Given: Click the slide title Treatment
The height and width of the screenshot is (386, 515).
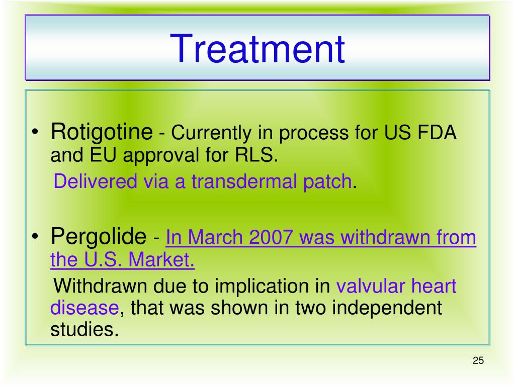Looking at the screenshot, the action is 257,49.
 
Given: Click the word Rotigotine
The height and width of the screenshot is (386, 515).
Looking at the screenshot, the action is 102,132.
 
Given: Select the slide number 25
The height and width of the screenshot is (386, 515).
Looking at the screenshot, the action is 478,360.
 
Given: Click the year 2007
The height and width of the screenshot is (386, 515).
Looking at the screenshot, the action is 270,237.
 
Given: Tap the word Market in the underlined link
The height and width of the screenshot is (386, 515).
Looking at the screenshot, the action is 161,259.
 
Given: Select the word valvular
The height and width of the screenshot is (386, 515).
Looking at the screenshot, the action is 371,286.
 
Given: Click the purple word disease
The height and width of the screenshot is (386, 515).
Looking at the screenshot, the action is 84,308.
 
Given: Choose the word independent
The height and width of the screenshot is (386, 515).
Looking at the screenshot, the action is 387,309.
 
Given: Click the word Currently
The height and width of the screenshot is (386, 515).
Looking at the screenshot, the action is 211,133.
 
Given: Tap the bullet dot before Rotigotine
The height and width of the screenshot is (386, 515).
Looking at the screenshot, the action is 35,133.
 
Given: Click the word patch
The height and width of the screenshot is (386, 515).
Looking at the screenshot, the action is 327,182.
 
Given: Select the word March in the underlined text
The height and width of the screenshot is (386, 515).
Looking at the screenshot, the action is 214,237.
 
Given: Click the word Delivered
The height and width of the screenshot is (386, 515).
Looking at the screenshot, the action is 95,181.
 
